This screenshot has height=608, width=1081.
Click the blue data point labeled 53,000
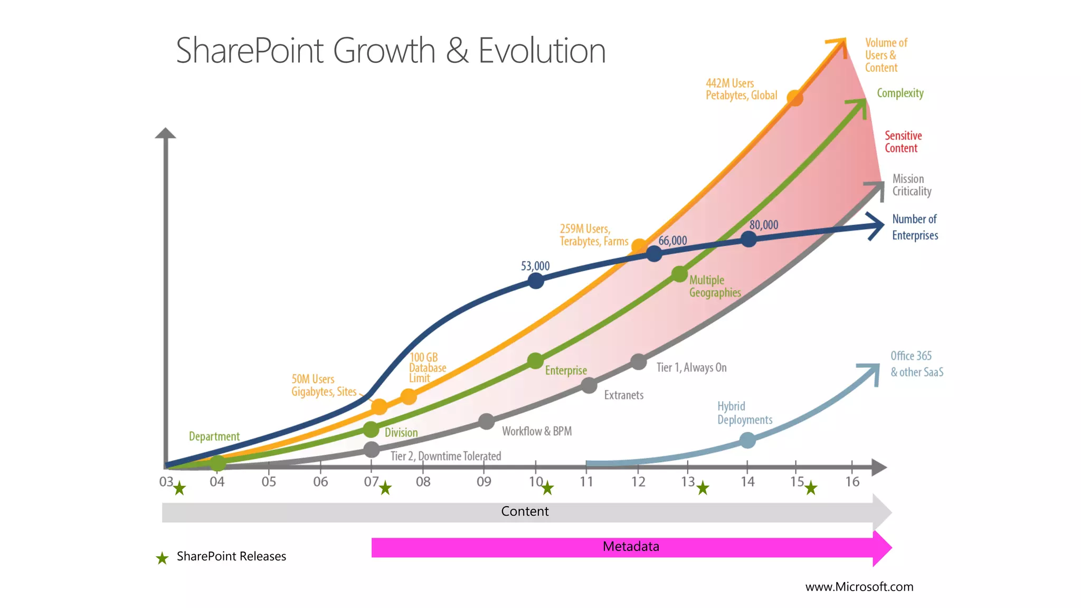pyautogui.click(x=536, y=281)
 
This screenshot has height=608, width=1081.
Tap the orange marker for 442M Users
pyautogui.click(x=794, y=98)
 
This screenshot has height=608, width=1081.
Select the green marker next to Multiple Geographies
pyautogui.click(x=679, y=274)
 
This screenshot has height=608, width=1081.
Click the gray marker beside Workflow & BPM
pyautogui.click(x=486, y=421)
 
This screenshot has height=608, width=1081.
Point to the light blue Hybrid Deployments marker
pyautogui.click(x=747, y=440)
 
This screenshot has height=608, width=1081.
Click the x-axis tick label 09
pyautogui.click(x=483, y=482)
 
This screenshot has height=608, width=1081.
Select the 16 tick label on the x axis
pyautogui.click(x=852, y=482)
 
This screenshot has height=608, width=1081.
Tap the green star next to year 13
pyautogui.click(x=703, y=488)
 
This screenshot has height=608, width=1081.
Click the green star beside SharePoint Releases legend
pyautogui.click(x=162, y=558)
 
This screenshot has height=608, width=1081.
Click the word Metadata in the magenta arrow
pyautogui.click(x=631, y=546)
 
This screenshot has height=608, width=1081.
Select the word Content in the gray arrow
pyautogui.click(x=525, y=511)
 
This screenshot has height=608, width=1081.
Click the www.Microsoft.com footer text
pyautogui.click(x=859, y=587)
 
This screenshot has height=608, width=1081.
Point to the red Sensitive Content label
pyautogui.click(x=903, y=142)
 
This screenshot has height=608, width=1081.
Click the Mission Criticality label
pyautogui.click(x=912, y=185)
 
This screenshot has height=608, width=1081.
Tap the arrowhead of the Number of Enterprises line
pyautogui.click(x=878, y=225)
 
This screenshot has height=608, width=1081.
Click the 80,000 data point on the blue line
pyautogui.click(x=748, y=239)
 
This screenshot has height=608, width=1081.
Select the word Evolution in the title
pyautogui.click(x=542, y=51)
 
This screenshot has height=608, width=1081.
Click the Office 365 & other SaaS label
pyautogui.click(x=916, y=364)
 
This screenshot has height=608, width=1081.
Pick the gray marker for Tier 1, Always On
pyautogui.click(x=639, y=362)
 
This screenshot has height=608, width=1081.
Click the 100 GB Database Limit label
pyautogui.click(x=427, y=368)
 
